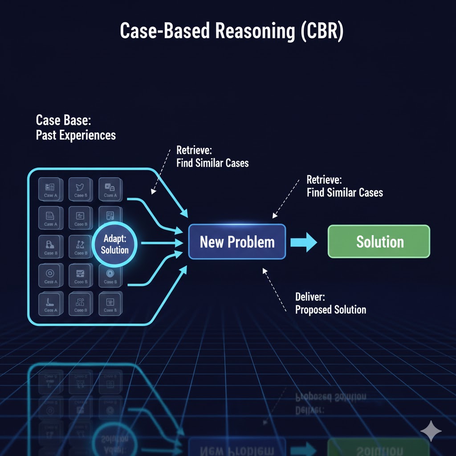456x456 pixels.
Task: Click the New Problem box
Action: (x=237, y=242)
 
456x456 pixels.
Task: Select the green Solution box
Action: (x=379, y=241)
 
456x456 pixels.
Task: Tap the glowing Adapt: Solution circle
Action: (x=114, y=244)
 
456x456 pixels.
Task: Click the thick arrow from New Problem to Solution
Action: (x=303, y=242)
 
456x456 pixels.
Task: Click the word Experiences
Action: (x=90, y=135)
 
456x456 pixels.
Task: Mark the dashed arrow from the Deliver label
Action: (x=275, y=289)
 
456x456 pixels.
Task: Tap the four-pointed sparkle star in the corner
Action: (x=431, y=431)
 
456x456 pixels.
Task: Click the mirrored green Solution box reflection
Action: (x=379, y=447)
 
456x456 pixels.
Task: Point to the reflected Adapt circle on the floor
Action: (x=114, y=439)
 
